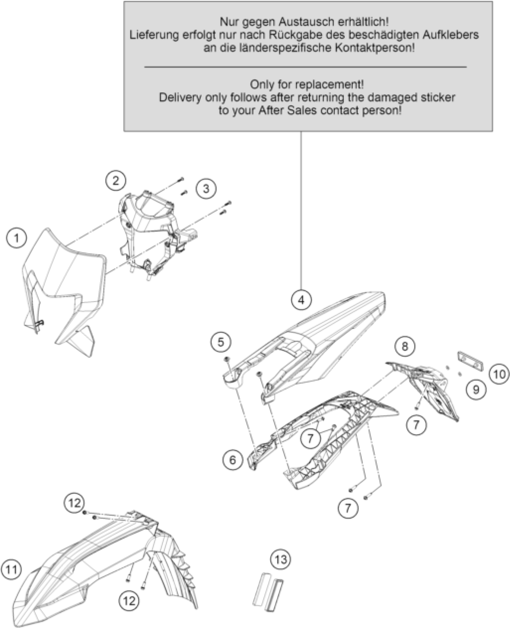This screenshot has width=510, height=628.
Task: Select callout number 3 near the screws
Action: click(206, 189)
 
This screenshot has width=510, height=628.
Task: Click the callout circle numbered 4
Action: click(301, 300)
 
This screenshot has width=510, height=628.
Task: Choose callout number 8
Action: click(405, 346)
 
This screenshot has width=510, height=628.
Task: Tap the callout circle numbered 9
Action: click(476, 389)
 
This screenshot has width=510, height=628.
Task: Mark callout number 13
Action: click(281, 559)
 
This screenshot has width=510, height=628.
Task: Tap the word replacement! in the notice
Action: click(330, 85)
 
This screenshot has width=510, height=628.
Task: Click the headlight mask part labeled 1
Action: click(64, 288)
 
